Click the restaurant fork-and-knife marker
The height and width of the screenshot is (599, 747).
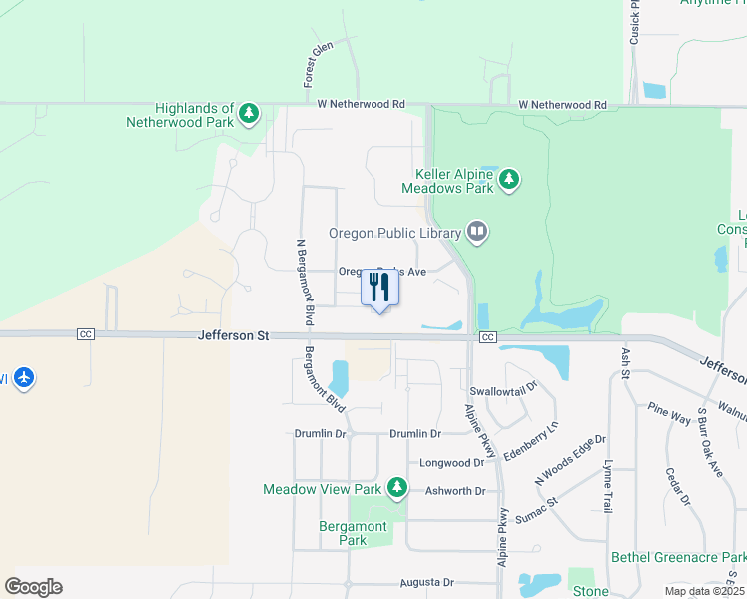coord(379,288)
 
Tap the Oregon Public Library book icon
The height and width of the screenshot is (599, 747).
coord(477,233)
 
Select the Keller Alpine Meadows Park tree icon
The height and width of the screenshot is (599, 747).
coord(510,180)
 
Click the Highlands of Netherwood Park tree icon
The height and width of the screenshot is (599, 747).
coord(250,115)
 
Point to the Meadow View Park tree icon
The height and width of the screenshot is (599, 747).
coord(397,487)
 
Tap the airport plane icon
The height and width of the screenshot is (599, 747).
coord(24,378)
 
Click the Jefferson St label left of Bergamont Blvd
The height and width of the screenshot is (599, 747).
coord(234,337)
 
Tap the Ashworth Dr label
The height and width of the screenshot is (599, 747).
coord(454,491)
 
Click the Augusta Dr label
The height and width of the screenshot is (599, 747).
coord(426,582)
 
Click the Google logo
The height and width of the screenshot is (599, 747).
coord(33,587)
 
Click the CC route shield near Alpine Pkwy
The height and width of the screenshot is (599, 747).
coord(487,338)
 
